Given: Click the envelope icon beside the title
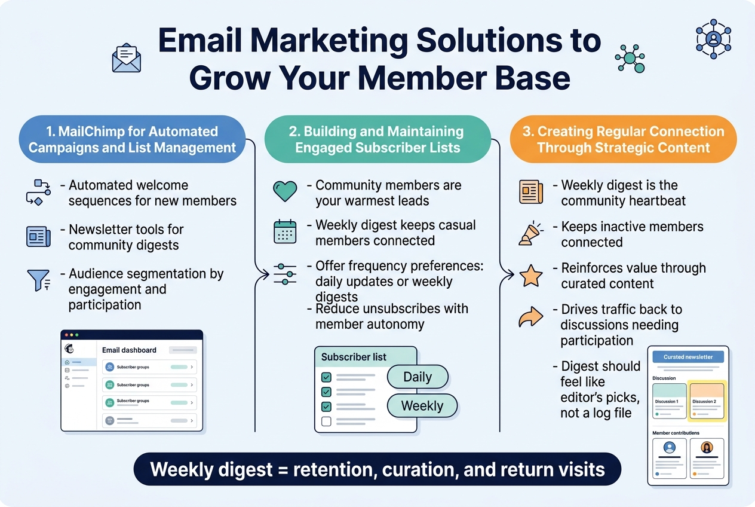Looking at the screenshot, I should click(127, 58).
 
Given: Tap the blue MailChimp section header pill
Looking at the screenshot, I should click(132, 139).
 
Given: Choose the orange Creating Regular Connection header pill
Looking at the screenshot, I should click(623, 139).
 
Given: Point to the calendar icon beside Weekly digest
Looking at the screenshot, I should click(285, 231).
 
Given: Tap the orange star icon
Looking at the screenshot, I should click(530, 276).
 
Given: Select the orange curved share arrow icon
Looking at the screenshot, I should click(530, 317).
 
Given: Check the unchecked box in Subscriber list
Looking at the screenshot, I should click(326, 422).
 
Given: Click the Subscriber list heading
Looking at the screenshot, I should click(354, 357).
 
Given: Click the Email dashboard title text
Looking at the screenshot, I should click(129, 350).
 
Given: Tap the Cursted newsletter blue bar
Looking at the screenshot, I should click(688, 357).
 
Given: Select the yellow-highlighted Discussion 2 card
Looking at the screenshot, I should click(707, 399).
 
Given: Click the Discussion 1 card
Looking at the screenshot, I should click(669, 399).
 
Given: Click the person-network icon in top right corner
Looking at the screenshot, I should click(713, 38).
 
